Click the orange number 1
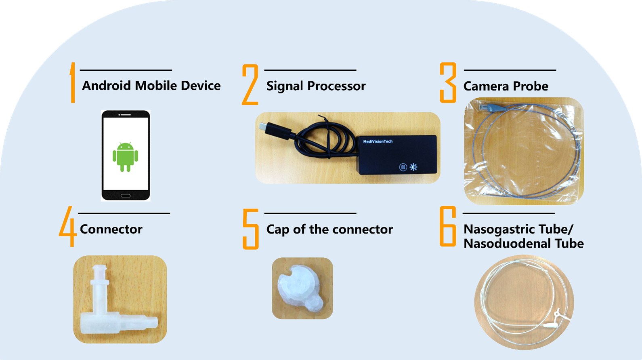coord(73,82)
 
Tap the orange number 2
coord(250,84)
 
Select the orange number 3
coord(448,82)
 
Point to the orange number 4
coord(68,227)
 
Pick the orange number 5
coord(251,229)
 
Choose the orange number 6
coord(448,226)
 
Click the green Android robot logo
coord(125,157)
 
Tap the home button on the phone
coord(126,196)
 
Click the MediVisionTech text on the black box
coord(378,141)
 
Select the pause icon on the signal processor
coord(403,167)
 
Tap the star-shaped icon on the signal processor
coord(413,167)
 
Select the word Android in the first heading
coord(107,86)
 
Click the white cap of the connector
coord(300,288)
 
